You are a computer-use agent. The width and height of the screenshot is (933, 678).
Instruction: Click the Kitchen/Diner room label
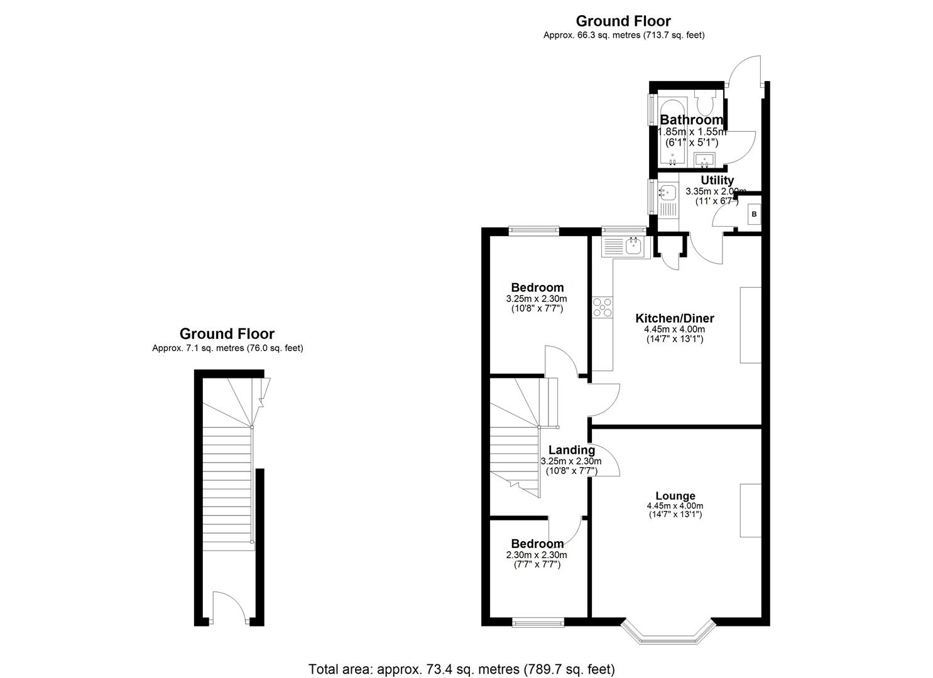click(x=674, y=318)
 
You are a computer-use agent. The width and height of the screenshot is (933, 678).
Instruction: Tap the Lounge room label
click(x=675, y=496)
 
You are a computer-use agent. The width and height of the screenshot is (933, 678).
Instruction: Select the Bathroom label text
click(x=691, y=120)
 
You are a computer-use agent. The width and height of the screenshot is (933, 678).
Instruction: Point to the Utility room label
click(x=717, y=181)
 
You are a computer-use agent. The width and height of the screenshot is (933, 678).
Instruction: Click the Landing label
click(x=571, y=450)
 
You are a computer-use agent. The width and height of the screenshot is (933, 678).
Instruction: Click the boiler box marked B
click(x=755, y=215)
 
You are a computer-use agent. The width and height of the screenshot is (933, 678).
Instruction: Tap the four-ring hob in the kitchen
click(x=602, y=307)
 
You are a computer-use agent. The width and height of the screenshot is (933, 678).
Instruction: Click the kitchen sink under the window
click(x=624, y=246)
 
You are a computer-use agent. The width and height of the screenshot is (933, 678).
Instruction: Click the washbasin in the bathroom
click(x=706, y=159)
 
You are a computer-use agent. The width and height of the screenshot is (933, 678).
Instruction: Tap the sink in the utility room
click(x=667, y=191)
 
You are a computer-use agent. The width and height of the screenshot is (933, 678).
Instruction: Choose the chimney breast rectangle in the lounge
click(x=750, y=510)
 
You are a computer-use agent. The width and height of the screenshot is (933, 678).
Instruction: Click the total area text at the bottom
click(x=462, y=669)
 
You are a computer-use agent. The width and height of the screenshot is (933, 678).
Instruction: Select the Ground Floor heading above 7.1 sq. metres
click(x=227, y=334)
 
